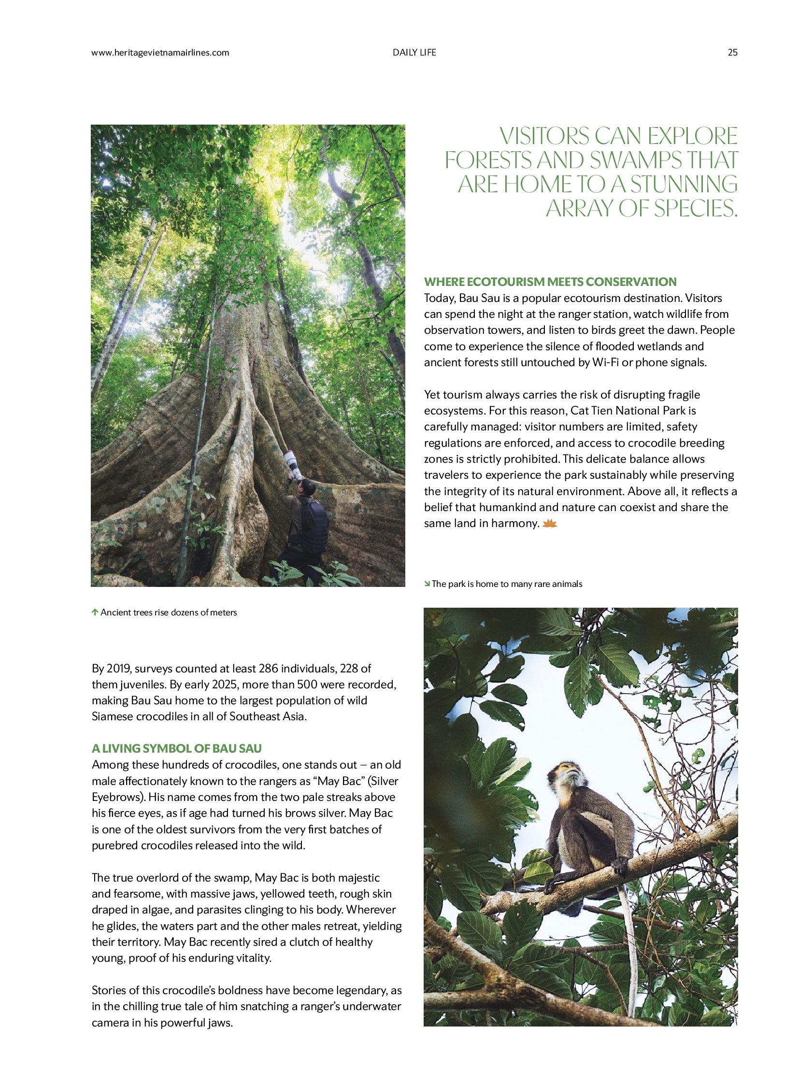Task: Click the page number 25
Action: pyautogui.click(x=732, y=53)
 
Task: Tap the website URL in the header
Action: pyautogui.click(x=160, y=53)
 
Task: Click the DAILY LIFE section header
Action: pyautogui.click(x=414, y=53)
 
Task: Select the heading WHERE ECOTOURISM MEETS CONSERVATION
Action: pyautogui.click(x=550, y=282)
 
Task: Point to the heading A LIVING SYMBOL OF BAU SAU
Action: pyautogui.click(x=176, y=748)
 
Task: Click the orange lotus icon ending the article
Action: pyautogui.click(x=550, y=523)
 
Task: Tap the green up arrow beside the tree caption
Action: pyautogui.click(x=95, y=613)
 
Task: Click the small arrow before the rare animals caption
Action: pyautogui.click(x=427, y=584)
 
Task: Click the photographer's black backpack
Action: pyautogui.click(x=313, y=525)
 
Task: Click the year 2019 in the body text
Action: pyautogui.click(x=118, y=669)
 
